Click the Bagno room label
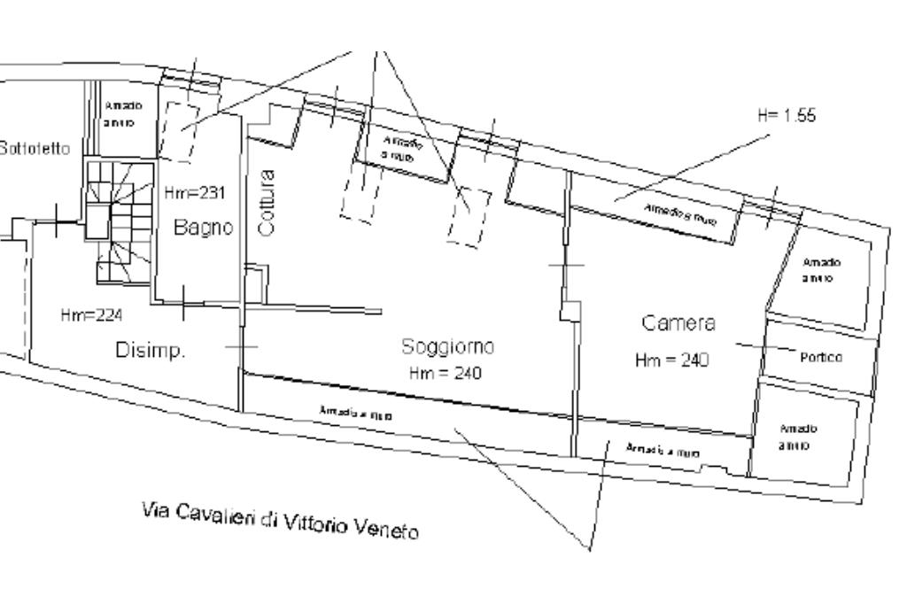(x=203, y=228)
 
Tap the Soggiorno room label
(x=447, y=346)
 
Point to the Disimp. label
(x=151, y=351)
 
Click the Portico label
(x=820, y=357)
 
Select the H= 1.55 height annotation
(x=787, y=116)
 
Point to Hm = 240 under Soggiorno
(x=446, y=374)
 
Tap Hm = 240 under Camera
(x=671, y=360)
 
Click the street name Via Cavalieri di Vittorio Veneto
(x=280, y=520)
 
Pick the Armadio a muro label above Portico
(x=821, y=269)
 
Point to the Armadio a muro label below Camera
(x=663, y=450)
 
